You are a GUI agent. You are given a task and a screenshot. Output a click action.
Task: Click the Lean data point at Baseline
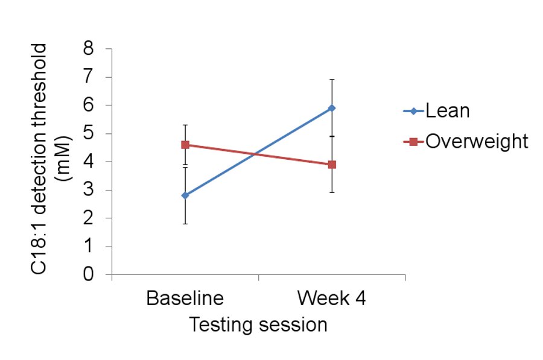[x=185, y=195]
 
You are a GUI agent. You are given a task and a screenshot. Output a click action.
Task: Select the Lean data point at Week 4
[x=332, y=108]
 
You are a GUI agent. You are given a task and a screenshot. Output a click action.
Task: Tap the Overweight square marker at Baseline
[x=185, y=145]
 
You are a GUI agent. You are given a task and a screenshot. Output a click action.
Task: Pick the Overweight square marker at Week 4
[x=332, y=165]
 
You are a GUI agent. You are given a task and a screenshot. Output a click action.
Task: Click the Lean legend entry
[x=447, y=111]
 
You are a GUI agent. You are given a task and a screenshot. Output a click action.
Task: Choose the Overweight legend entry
[x=477, y=141]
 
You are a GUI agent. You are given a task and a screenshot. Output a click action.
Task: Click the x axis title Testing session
[x=258, y=325]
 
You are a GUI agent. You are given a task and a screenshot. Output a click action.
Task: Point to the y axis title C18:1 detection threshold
[x=40, y=159]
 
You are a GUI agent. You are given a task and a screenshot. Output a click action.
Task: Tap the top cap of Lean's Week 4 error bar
[x=332, y=79]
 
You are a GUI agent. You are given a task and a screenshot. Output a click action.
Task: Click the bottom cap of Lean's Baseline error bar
[x=185, y=224]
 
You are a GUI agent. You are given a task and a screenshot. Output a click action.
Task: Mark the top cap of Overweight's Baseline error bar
[x=185, y=125]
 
